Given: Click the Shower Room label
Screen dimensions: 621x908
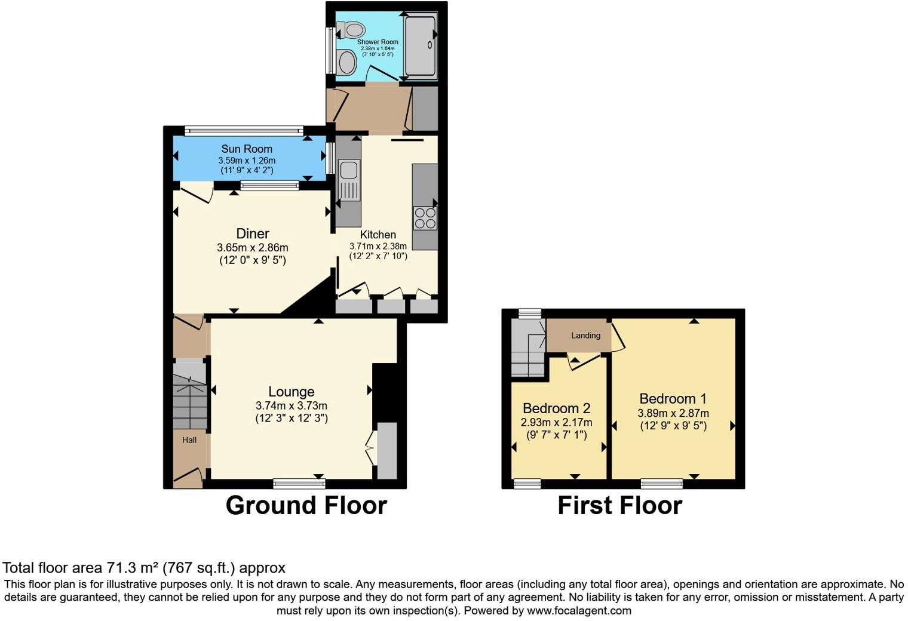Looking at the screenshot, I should click(378, 42).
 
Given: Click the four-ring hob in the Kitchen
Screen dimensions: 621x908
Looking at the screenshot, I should click(425, 217).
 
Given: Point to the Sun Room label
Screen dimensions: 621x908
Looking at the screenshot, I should click(247, 149).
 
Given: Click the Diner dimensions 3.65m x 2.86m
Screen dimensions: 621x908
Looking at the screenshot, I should click(252, 247).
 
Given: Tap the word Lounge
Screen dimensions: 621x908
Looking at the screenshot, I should click(291, 392).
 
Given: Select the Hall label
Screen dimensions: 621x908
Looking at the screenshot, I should click(189, 440).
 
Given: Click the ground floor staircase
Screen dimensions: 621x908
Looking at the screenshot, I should click(189, 397).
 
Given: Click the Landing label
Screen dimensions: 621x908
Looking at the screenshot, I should click(585, 336).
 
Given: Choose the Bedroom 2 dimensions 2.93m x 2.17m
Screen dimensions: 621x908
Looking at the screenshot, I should click(556, 423).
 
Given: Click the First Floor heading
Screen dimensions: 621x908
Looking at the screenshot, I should click(619, 506).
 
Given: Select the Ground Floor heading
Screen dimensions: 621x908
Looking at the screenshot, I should click(306, 506).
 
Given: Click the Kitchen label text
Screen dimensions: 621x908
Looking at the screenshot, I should click(378, 235).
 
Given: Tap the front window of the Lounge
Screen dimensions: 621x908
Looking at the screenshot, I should click(299, 483).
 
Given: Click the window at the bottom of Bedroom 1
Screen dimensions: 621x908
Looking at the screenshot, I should click(662, 483).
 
